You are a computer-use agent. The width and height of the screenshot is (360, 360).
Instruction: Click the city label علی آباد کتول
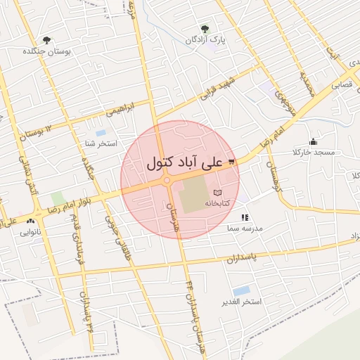[184, 162]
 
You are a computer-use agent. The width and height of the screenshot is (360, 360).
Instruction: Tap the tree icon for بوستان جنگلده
[47, 40]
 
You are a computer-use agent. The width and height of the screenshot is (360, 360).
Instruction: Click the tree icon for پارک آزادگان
[205, 29]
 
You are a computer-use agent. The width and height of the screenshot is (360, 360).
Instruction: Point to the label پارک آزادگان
[205, 40]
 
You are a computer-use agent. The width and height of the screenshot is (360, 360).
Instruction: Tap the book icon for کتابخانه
[217, 192]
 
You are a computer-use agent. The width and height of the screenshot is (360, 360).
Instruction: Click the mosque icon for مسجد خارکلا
[313, 141]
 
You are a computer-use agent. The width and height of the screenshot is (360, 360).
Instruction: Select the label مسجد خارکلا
[314, 153]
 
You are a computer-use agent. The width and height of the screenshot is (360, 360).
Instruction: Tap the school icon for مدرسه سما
[245, 218]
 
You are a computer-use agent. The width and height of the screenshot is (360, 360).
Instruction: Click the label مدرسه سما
[245, 229]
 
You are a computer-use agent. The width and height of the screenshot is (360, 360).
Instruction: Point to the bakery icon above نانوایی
[30, 221]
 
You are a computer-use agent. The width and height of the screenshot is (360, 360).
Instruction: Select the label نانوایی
[30, 231]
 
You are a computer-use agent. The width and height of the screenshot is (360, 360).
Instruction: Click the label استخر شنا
[99, 144]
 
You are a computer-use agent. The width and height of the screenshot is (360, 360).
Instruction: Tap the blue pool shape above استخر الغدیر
[241, 290]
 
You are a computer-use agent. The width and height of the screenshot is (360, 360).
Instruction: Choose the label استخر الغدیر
[241, 302]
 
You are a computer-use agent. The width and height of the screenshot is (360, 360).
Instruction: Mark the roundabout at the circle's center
[168, 181]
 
